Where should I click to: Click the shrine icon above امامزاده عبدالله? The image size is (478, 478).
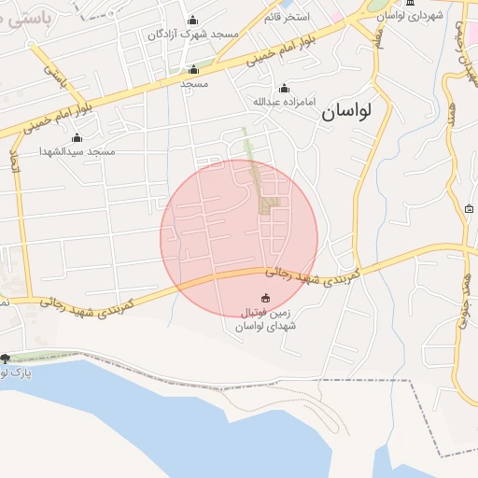284,88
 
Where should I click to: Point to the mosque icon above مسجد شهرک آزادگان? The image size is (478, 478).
193,21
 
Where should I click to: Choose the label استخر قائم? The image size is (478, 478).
287,17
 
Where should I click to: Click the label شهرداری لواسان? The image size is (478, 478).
408,16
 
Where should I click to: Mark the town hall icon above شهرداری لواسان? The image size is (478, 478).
409,3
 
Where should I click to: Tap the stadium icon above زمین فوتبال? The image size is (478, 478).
266,298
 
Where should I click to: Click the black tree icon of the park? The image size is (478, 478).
6,358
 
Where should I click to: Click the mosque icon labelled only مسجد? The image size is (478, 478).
193,69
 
